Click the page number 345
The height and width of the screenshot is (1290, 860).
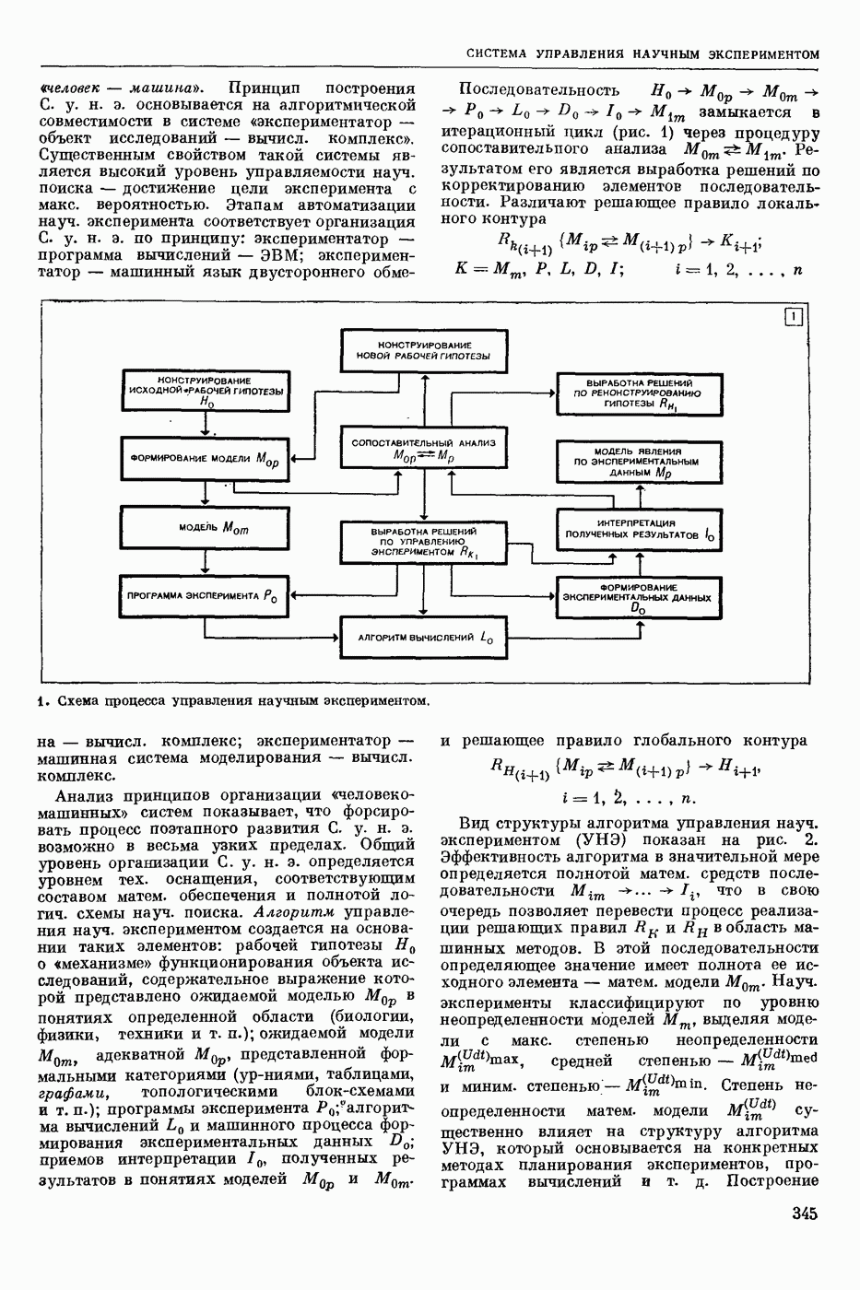click(804, 1214)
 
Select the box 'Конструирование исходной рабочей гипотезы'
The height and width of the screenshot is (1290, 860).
click(206, 393)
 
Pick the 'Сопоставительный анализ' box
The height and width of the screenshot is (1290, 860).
click(423, 449)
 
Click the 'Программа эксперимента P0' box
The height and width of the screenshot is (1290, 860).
click(205, 596)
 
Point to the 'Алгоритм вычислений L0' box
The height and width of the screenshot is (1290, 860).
click(424, 637)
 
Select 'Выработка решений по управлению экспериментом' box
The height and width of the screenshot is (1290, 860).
click(423, 544)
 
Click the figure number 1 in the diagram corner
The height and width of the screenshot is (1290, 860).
click(793, 318)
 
